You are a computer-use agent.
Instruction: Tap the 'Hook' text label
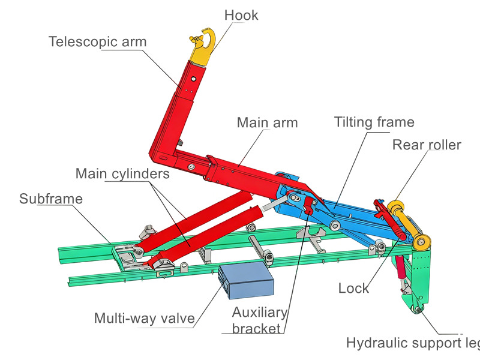[241, 15]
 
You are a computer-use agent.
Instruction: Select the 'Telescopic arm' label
[97, 42]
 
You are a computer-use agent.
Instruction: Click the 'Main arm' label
[267, 123]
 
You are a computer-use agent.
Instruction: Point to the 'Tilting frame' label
[374, 122]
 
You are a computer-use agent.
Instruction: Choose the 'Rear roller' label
[426, 145]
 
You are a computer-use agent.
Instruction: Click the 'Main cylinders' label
[122, 174]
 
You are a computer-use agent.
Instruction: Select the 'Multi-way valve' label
[144, 318]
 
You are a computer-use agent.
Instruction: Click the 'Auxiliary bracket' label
[260, 320]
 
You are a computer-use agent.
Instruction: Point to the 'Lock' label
[353, 288]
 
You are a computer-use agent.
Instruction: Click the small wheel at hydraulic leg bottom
[416, 310]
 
